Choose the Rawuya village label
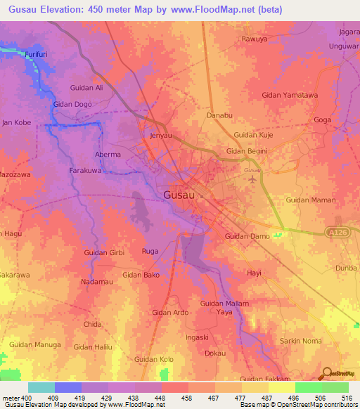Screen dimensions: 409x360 pos(255,39)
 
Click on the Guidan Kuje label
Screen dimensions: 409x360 pos(253,134)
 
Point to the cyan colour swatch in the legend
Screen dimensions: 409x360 pos(41,387)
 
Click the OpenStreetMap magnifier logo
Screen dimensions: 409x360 pos(326,374)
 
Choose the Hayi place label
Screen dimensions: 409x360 pos(254,272)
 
